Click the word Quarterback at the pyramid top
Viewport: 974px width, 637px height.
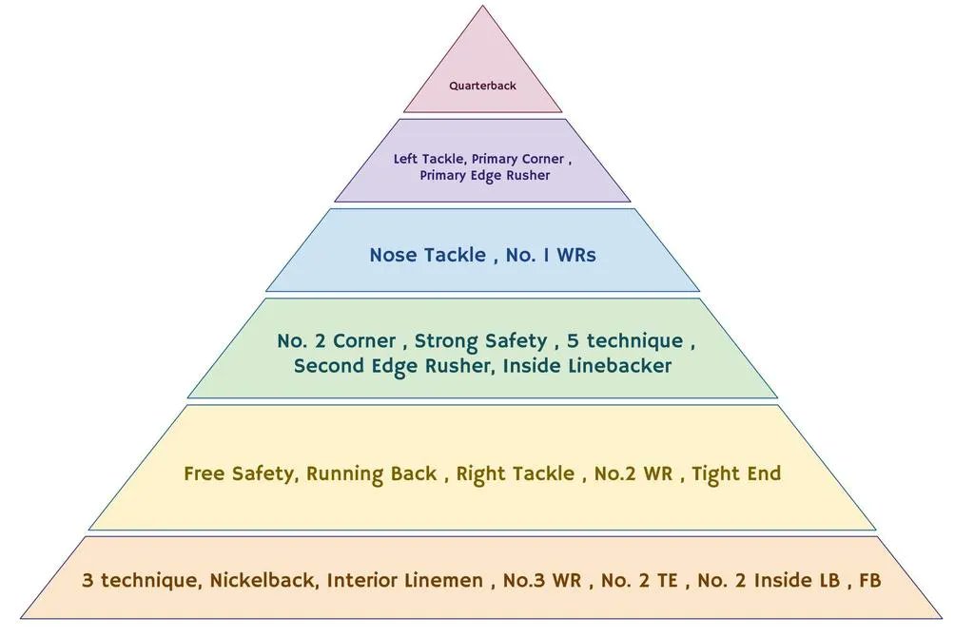coord(482,86)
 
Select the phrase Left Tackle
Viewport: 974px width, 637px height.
coord(428,159)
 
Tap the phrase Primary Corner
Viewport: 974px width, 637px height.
coord(517,159)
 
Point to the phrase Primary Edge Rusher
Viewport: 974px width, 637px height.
coord(484,175)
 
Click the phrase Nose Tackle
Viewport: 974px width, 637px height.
coord(427,255)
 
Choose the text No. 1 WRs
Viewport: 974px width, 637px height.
coord(552,255)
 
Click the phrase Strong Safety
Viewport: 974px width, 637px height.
coord(480,340)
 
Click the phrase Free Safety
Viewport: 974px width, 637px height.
coord(238,473)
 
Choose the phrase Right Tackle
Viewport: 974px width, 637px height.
coord(515,473)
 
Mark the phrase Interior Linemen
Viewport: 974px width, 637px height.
coord(404,580)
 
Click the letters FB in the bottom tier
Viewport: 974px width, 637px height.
coord(869,580)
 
